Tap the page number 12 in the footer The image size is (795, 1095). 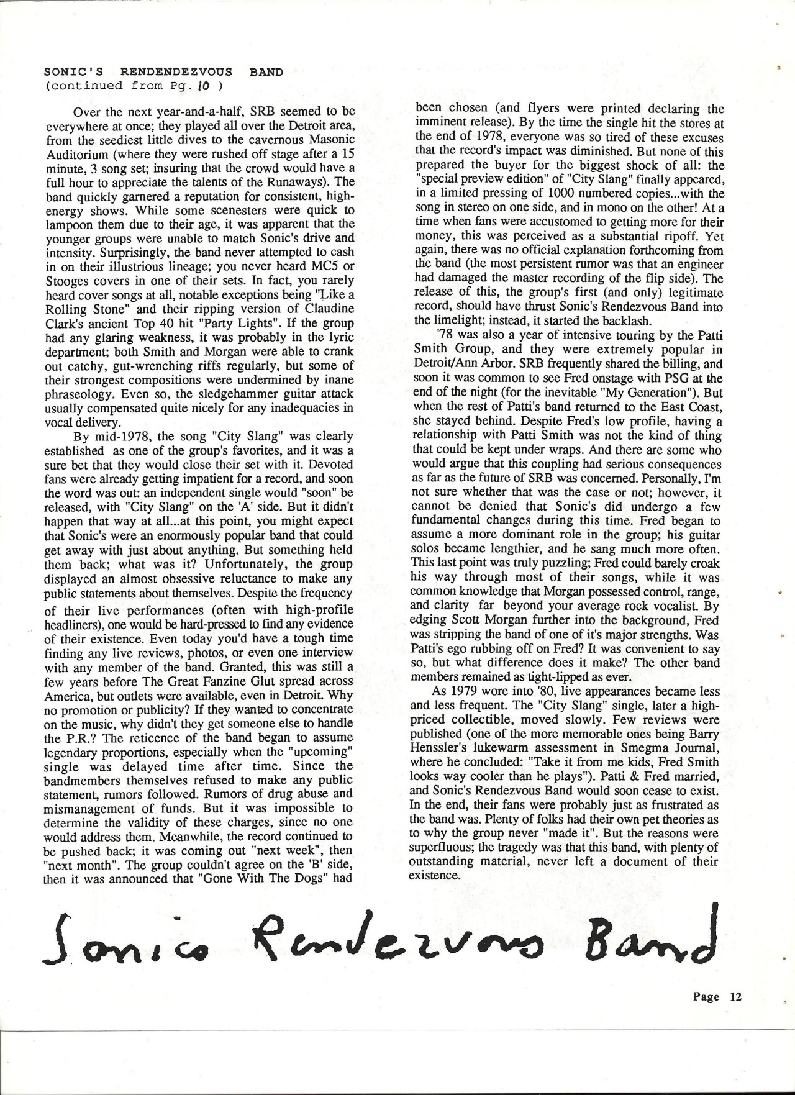tap(736, 1014)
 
